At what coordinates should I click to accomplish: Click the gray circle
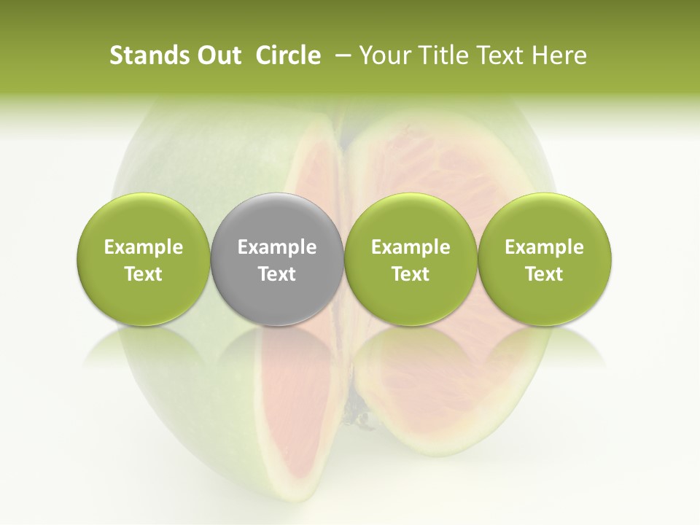pyautogui.click(x=277, y=219)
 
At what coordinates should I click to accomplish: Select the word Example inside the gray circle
pyautogui.click(x=277, y=247)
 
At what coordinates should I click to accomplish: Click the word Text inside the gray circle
pyautogui.click(x=277, y=274)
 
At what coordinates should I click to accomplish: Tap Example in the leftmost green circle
pyautogui.click(x=144, y=247)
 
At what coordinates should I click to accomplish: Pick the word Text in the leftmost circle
pyautogui.click(x=144, y=274)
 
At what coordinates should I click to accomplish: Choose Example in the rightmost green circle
pyautogui.click(x=545, y=247)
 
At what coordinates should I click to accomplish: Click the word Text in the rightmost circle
pyautogui.click(x=545, y=274)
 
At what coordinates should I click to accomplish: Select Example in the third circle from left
pyautogui.click(x=411, y=247)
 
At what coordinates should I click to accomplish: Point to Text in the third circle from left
pyautogui.click(x=411, y=274)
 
